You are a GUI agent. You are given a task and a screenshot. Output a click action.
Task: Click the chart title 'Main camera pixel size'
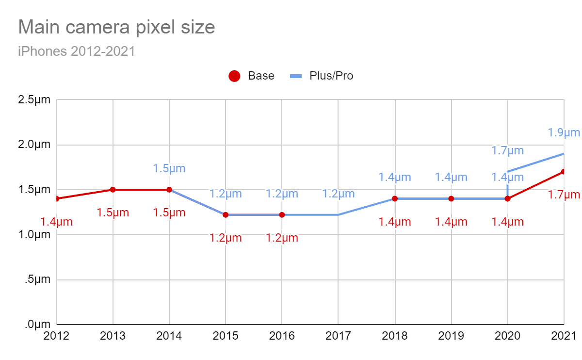coord(116,27)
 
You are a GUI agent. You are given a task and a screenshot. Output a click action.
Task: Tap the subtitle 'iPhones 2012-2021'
coord(76,51)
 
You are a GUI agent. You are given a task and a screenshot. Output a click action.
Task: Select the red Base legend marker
coord(234,76)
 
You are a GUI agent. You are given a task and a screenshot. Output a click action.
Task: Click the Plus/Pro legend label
coord(331,76)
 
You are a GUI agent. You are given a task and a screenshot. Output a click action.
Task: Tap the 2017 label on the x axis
coord(338,336)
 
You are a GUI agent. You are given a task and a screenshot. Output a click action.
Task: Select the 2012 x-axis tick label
coord(57,336)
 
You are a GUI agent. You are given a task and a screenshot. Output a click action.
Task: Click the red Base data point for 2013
coord(113,190)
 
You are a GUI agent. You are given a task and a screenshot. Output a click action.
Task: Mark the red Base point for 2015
coord(226,215)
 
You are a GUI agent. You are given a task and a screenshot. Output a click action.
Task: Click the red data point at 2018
coord(395,198)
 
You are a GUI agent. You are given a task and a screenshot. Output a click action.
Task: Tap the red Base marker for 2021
coord(564,172)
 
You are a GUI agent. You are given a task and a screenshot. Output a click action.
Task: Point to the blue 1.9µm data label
coord(564,132)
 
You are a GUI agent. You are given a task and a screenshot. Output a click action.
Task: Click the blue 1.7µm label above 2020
coord(508,151)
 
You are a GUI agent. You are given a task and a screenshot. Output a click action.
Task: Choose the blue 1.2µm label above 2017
coord(338,194)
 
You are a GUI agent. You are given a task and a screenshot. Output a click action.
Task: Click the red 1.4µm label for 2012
coord(56,222)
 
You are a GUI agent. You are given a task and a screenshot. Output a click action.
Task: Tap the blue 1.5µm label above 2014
coord(169,169)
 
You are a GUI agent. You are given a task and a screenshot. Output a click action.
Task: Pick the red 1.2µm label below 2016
coord(282,238)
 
